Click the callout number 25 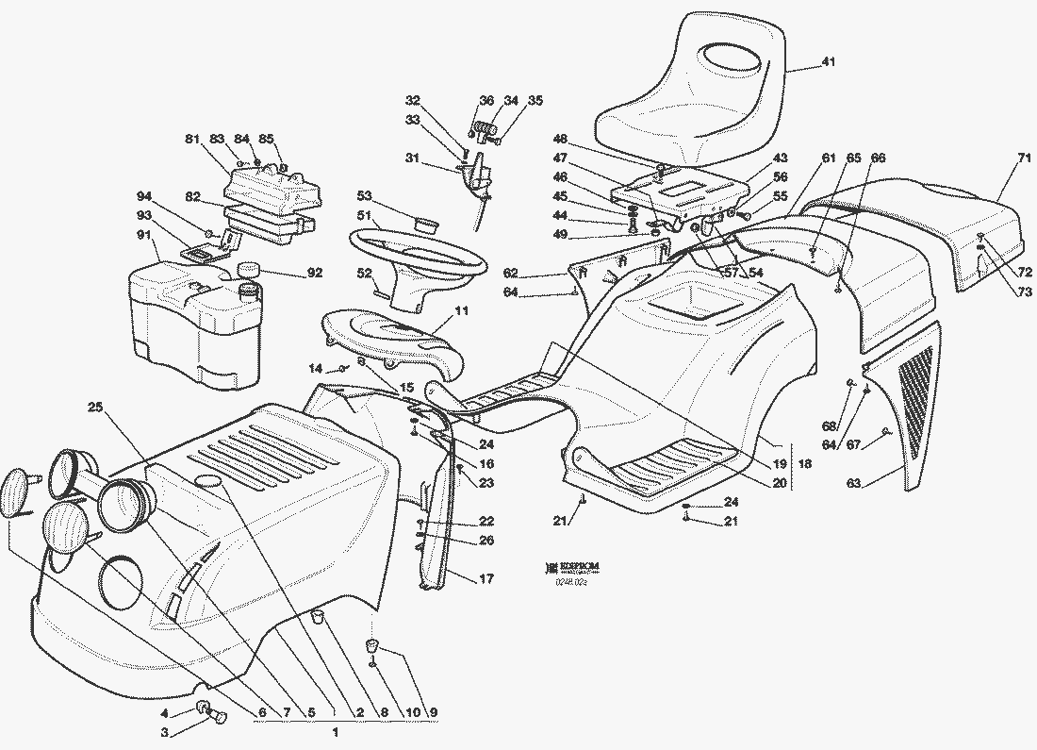coord(95,408)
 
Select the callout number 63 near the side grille coord(853,483)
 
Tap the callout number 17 coord(486,579)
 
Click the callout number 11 coord(462,309)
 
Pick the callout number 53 coord(363,195)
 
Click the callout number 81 coord(192,140)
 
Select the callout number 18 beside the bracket coord(805,465)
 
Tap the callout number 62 coord(511,274)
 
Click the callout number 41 coord(828,62)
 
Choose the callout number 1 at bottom coord(336,731)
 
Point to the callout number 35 coord(535,100)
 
